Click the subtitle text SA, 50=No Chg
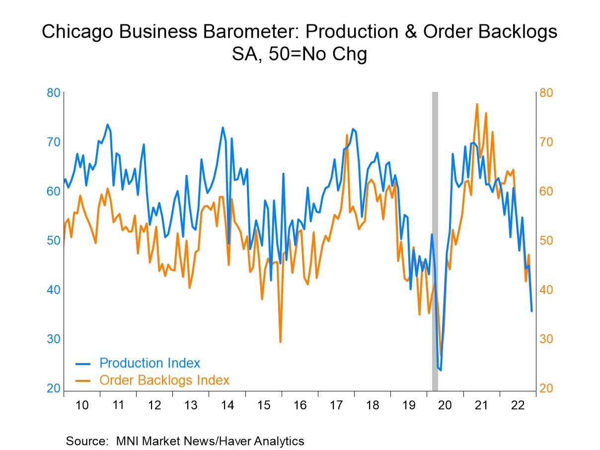pos(300,54)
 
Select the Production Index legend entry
pos(150,363)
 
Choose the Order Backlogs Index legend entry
pos(164,380)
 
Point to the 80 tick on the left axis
pos(54,93)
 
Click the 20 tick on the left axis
pos(54,388)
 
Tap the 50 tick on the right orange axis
pos(546,241)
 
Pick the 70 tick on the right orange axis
pos(546,142)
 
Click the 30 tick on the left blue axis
pos(54,339)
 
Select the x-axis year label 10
pos(82,405)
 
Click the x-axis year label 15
pos(263,405)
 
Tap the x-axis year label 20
pos(445,405)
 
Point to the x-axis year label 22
pos(518,405)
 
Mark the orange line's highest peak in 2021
pos(477,104)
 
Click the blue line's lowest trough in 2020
pos(441,370)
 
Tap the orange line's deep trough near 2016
pos(280,342)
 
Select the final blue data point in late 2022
pos(532,311)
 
